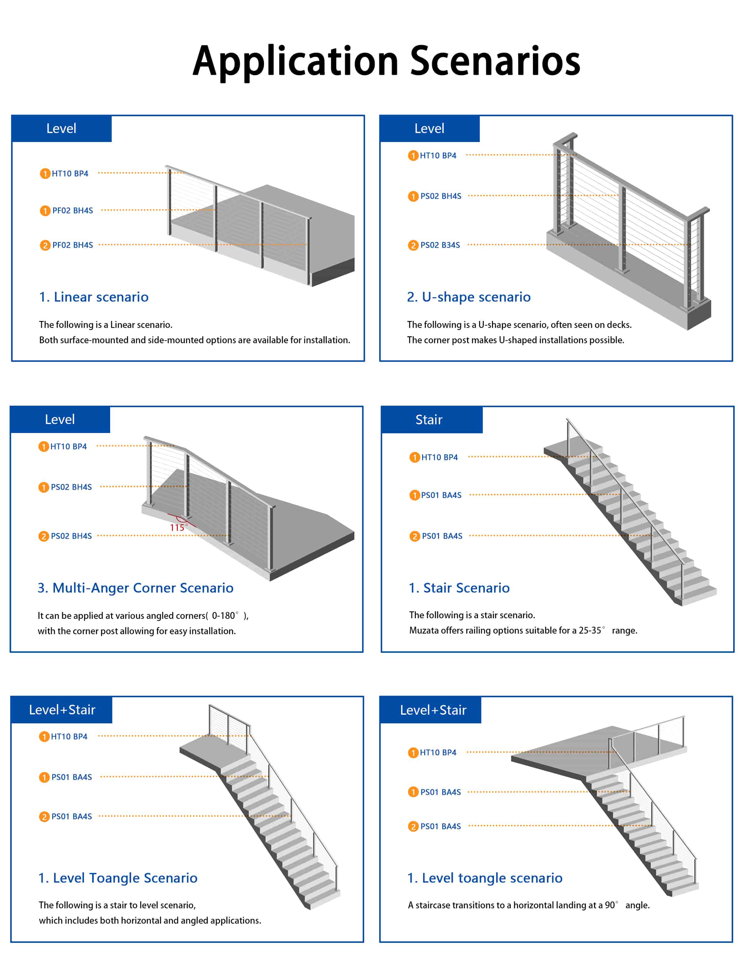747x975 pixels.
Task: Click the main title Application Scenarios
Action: (386, 61)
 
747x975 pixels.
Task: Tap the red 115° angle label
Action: (178, 527)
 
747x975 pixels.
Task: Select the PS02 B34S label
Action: (440, 245)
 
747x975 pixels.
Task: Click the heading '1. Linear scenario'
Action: (94, 297)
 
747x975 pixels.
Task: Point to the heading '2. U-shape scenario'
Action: (469, 297)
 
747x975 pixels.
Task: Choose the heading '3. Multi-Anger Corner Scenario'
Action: (136, 588)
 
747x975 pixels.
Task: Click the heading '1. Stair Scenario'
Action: (459, 588)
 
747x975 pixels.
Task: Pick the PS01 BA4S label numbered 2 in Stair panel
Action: (442, 536)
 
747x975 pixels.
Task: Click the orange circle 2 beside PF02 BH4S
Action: (45, 245)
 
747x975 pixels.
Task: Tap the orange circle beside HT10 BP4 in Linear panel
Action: (45, 174)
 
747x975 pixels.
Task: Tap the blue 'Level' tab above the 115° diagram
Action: (60, 419)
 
